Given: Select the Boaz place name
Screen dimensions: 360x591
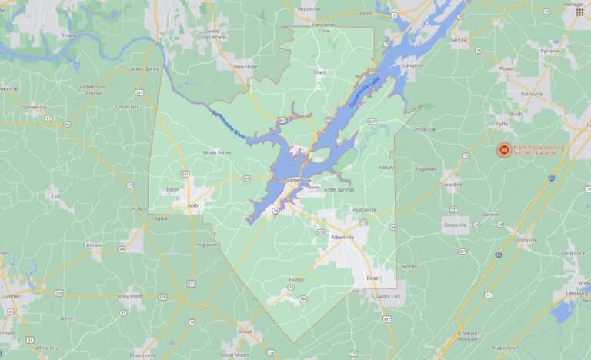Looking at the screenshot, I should [x=372, y=278].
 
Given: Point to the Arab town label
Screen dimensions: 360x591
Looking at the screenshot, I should [x=193, y=205].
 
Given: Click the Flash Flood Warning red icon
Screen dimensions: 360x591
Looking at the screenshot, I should [x=503, y=148].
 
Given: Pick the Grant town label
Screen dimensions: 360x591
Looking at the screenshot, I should [x=319, y=72].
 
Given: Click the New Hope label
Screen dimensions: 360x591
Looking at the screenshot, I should [x=245, y=66].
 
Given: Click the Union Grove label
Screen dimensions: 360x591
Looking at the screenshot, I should [x=217, y=152].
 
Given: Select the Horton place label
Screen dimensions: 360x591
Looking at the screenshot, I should [x=296, y=279].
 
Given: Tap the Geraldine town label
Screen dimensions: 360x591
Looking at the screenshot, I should [x=451, y=185].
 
